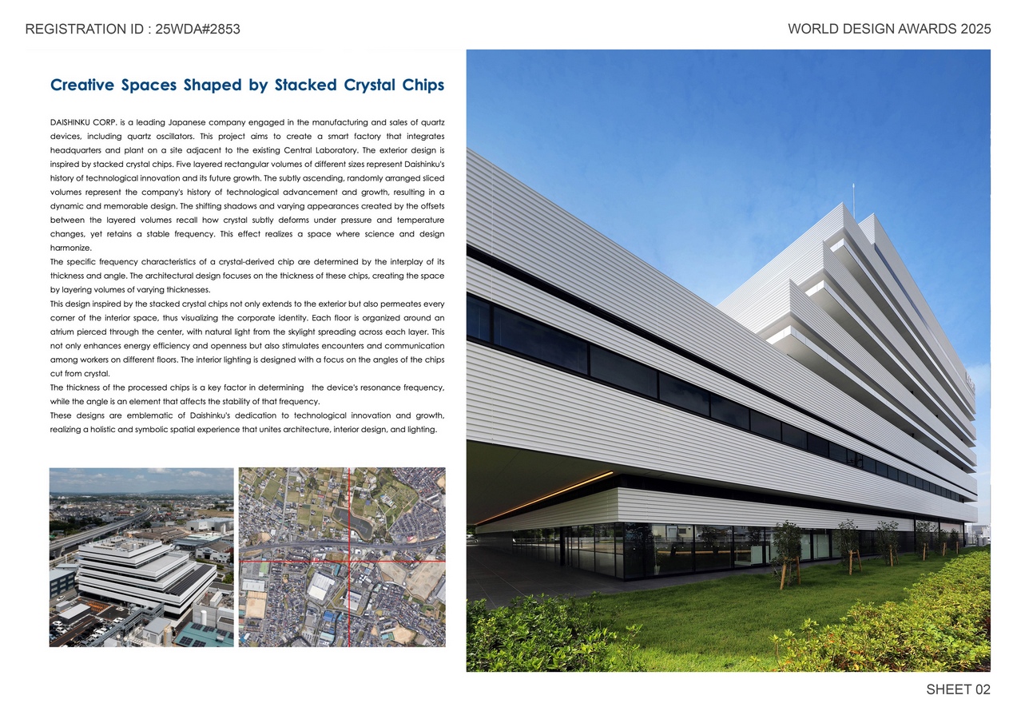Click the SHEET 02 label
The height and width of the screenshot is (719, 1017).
[958, 689]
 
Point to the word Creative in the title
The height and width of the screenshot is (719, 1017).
[82, 85]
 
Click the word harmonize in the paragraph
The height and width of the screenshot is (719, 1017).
[70, 248]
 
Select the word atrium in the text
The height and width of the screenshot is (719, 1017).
[63, 332]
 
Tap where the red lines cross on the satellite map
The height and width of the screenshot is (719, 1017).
[349, 561]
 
